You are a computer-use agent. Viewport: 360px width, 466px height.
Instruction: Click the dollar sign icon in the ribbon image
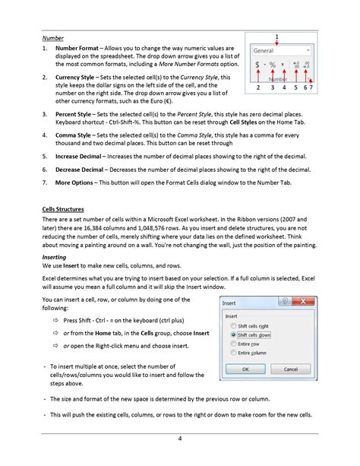(257, 65)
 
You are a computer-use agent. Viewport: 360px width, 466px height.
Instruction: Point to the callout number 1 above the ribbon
(276, 36)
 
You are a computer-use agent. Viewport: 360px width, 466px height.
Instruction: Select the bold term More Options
(76, 183)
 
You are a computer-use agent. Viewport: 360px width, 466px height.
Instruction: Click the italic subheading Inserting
(55, 257)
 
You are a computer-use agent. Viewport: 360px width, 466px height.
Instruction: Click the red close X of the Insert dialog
(307, 302)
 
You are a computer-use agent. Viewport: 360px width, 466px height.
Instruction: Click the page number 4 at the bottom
(179, 439)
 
